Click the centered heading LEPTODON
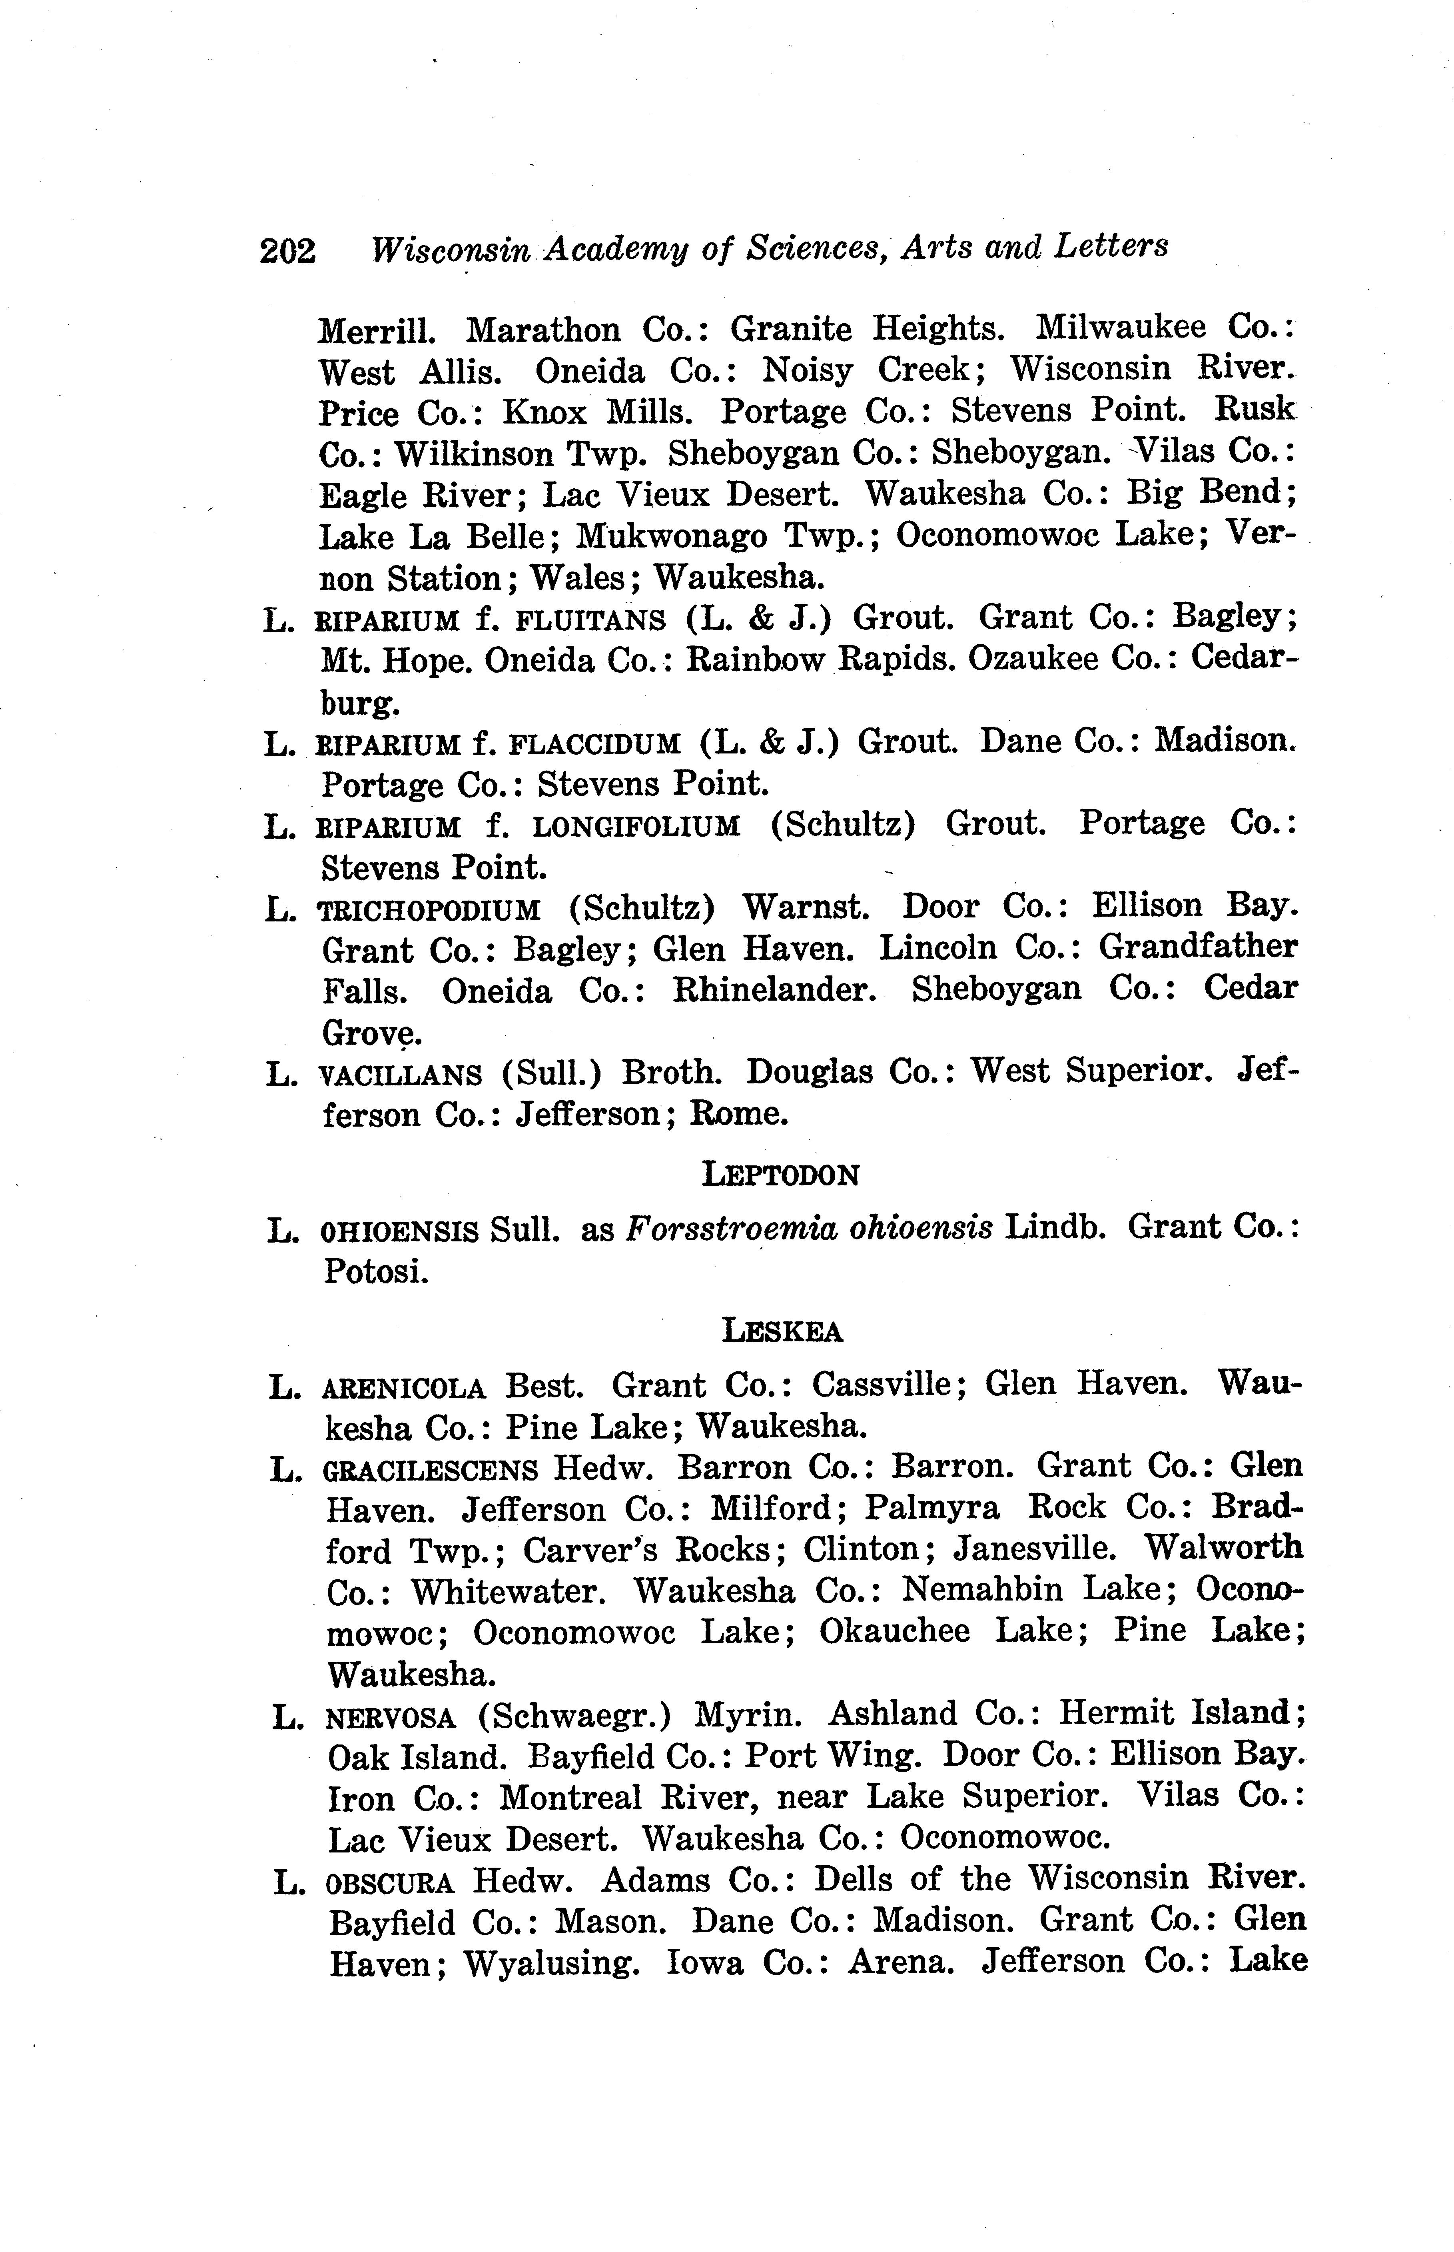(781, 1175)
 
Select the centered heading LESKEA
(782, 1332)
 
